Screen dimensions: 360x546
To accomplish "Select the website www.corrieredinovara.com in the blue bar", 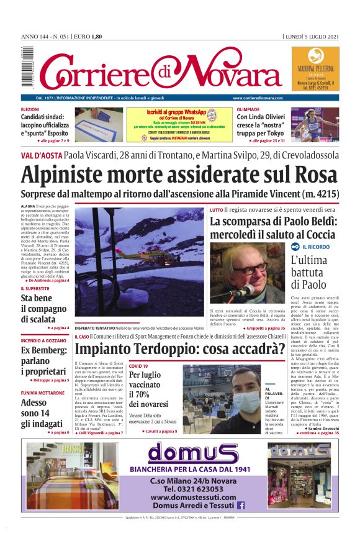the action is click(x=258, y=98).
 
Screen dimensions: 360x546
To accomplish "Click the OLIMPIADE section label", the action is click(x=248, y=109).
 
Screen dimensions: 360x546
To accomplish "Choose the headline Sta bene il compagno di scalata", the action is click(x=44, y=308).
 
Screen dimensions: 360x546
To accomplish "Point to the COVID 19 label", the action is click(x=139, y=366).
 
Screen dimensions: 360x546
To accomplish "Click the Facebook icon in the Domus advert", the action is click(x=241, y=506).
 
